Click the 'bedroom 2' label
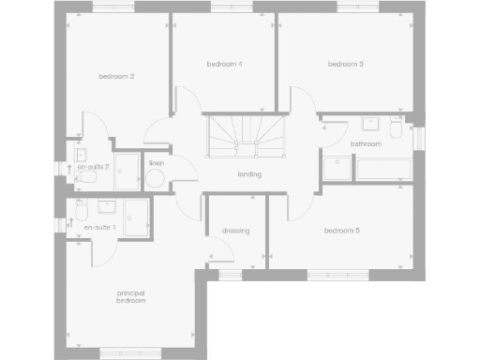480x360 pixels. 117,76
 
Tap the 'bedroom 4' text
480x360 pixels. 225,64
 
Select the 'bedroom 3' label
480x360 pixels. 345,64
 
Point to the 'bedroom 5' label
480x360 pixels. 342,231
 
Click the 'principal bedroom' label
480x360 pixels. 130,297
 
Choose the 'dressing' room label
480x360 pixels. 235,231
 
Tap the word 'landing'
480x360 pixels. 249,174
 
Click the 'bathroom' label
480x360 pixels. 366,144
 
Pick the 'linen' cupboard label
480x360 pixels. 156,163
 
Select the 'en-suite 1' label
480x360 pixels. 99,228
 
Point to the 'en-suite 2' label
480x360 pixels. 94,166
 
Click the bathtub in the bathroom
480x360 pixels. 382,169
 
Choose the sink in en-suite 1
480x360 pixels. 107,202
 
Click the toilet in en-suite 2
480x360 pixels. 88,175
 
